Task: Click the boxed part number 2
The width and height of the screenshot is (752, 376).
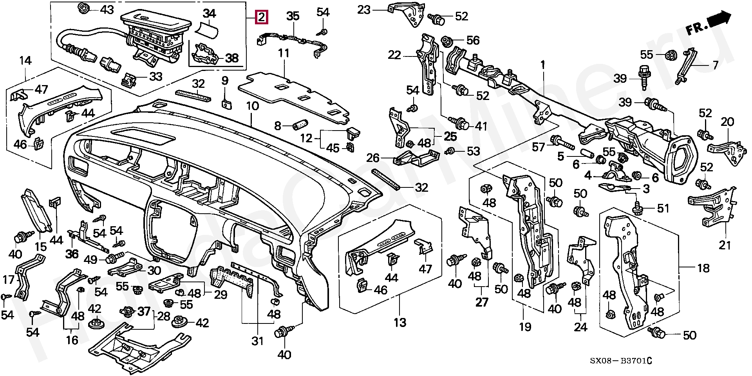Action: coord(261,18)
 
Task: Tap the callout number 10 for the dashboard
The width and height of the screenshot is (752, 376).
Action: coord(252,106)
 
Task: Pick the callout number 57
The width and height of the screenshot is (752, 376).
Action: coord(539,147)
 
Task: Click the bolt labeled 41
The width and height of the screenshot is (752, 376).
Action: coord(463,124)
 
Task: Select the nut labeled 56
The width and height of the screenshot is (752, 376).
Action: coord(446,40)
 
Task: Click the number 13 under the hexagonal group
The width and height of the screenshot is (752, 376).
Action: coord(400,323)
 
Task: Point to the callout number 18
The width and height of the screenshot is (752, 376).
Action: coord(703,268)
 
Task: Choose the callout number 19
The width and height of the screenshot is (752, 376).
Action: coord(525,326)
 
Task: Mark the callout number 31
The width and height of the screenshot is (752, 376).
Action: coord(257,341)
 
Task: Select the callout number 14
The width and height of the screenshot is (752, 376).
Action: coord(25,61)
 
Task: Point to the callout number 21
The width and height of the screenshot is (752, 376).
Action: coord(725,245)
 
